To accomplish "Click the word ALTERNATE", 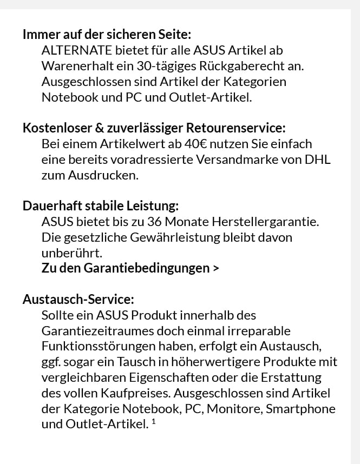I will pyautogui.click(x=77, y=50).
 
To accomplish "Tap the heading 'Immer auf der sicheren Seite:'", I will pyautogui.click(x=107, y=35).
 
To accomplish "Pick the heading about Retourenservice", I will pyautogui.click(x=154, y=129).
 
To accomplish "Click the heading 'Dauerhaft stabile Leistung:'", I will pyautogui.click(x=101, y=206).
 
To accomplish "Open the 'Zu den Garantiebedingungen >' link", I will pyautogui.click(x=130, y=268).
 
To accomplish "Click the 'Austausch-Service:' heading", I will pyautogui.click(x=78, y=299).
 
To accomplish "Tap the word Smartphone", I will pyautogui.click(x=300, y=408).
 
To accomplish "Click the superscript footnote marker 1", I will pyautogui.click(x=154, y=422).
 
